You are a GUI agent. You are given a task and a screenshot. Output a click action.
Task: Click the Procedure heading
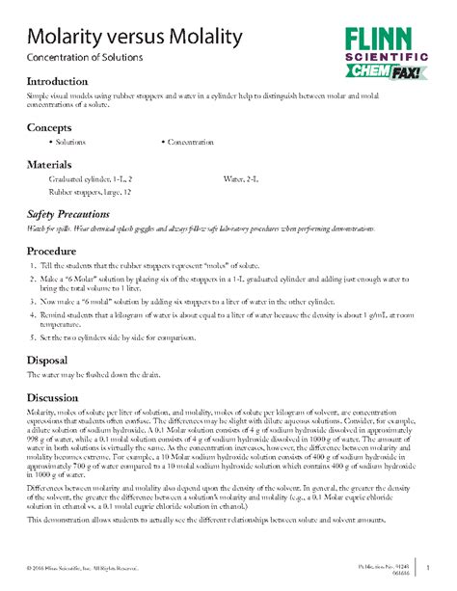(x=56, y=250)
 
